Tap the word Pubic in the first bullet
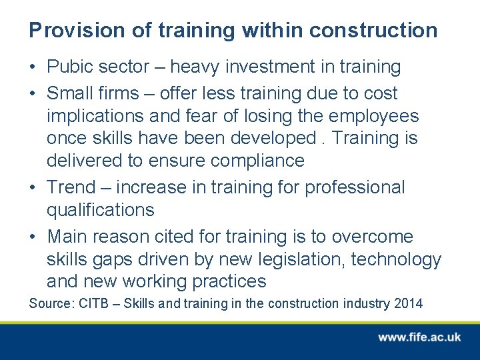tap(71, 67)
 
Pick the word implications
tap(95, 116)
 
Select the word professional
tap(355, 188)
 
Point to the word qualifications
tap(100, 211)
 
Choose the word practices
tap(229, 281)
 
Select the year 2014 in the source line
tap(407, 304)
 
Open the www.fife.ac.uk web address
tap(419, 337)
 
